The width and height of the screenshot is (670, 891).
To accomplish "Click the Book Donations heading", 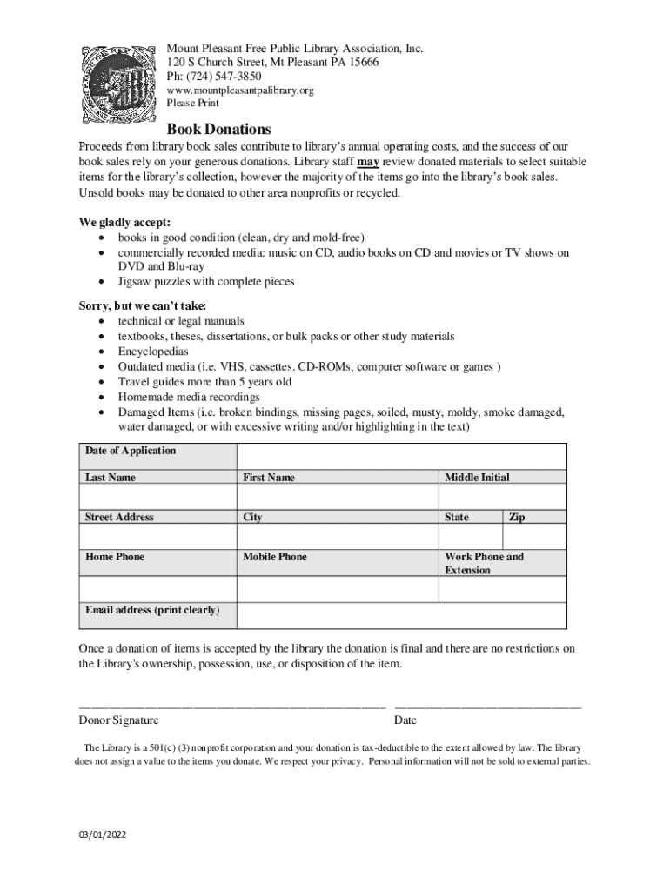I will pyautogui.click(x=219, y=129).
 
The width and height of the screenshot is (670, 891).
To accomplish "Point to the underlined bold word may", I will pyautogui.click(x=368, y=162).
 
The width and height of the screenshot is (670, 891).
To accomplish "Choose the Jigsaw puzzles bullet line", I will pyautogui.click(x=206, y=281).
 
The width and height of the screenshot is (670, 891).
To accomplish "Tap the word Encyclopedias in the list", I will pyautogui.click(x=153, y=352).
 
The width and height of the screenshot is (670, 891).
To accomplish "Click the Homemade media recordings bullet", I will pyautogui.click(x=189, y=397).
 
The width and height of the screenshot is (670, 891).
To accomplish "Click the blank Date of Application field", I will pyautogui.click(x=401, y=456).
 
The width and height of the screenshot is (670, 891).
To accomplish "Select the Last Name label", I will pyautogui.click(x=111, y=478).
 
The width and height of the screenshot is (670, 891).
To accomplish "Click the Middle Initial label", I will pyautogui.click(x=477, y=478).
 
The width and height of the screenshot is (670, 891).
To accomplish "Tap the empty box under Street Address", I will pyautogui.click(x=157, y=536).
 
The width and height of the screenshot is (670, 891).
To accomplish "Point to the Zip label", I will pyautogui.click(x=517, y=517).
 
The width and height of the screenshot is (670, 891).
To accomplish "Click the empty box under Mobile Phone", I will pyautogui.click(x=338, y=589).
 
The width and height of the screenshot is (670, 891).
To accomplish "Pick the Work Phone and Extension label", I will pyautogui.click(x=485, y=563).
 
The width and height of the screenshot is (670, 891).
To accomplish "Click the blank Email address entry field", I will pyautogui.click(x=401, y=615).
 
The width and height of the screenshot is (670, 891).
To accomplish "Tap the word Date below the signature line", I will pyautogui.click(x=405, y=720).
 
